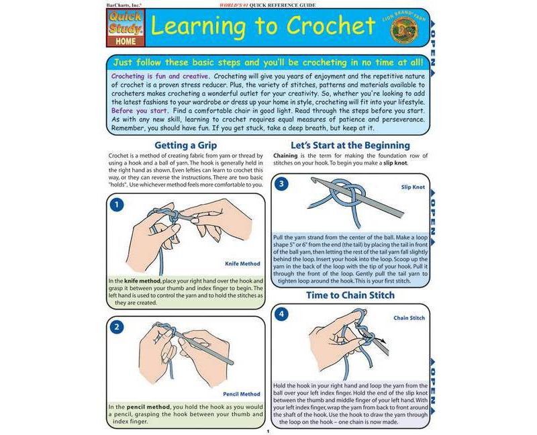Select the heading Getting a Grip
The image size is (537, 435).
point(185,144)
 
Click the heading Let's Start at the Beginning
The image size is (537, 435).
point(350,144)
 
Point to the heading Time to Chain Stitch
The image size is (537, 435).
point(350,295)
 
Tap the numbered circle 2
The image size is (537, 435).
point(116,327)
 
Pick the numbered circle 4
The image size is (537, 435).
point(282,314)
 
